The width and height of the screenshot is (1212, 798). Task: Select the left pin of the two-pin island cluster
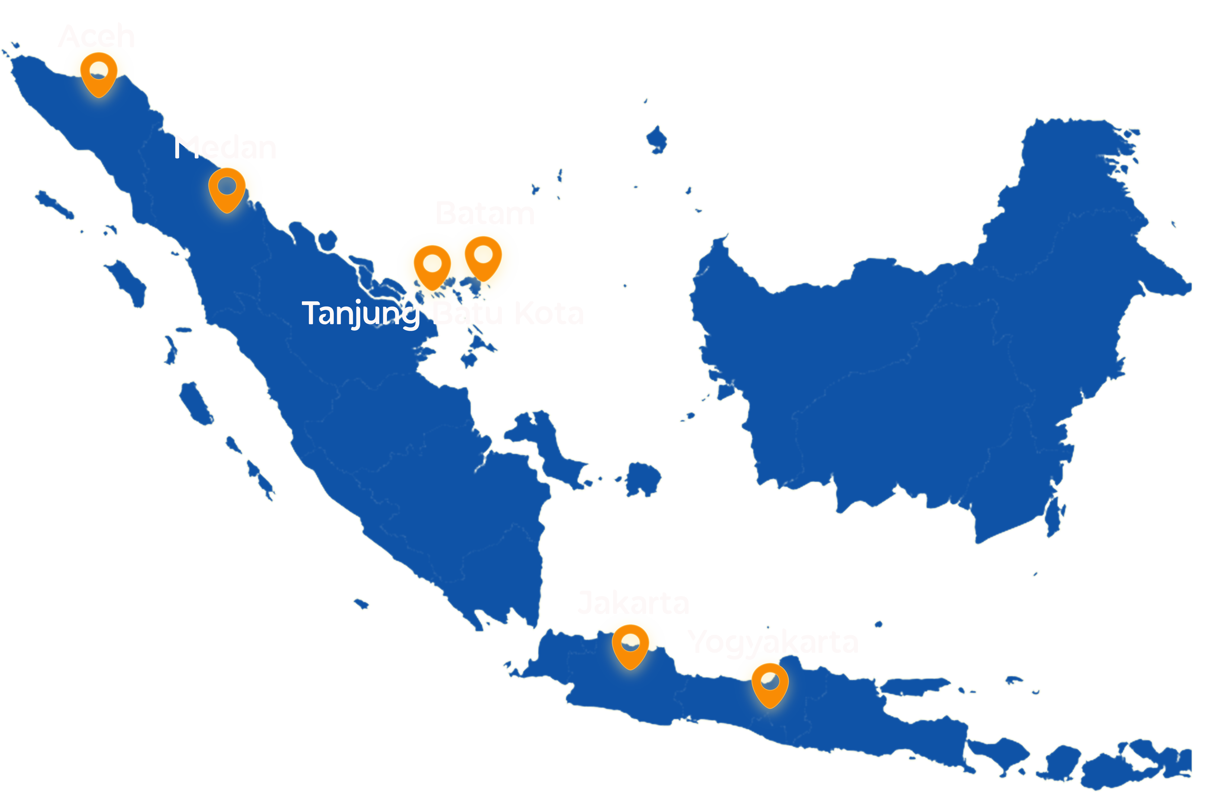432,266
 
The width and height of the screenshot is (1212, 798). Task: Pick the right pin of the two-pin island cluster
483,257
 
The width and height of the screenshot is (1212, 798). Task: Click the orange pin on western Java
630,645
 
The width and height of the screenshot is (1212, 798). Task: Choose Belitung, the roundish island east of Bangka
643,478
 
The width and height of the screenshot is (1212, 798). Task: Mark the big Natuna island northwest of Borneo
657,138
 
